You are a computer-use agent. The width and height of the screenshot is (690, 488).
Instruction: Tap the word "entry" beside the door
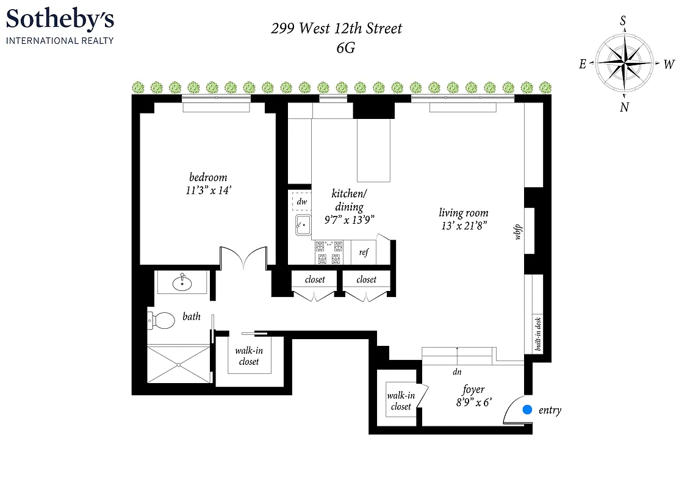[x=550, y=411]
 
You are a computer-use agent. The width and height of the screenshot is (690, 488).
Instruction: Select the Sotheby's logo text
[x=60, y=20]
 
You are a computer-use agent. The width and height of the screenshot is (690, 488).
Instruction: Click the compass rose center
[x=624, y=63]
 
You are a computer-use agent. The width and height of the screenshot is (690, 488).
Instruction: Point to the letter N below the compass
[x=624, y=107]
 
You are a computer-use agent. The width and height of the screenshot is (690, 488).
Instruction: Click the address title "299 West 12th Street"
[x=337, y=28]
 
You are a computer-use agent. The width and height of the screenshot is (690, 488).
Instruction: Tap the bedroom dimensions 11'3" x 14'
[x=208, y=190]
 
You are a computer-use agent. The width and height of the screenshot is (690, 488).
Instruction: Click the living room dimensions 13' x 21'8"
[x=464, y=226]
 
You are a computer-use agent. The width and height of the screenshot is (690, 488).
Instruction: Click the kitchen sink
[x=303, y=225]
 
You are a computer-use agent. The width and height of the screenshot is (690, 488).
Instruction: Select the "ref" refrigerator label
[x=364, y=253]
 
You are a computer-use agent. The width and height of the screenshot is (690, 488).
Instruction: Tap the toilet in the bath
[x=160, y=320]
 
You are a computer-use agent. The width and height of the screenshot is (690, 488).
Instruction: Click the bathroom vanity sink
[x=182, y=283]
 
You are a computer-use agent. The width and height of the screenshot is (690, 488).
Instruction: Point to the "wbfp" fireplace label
[x=518, y=232]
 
